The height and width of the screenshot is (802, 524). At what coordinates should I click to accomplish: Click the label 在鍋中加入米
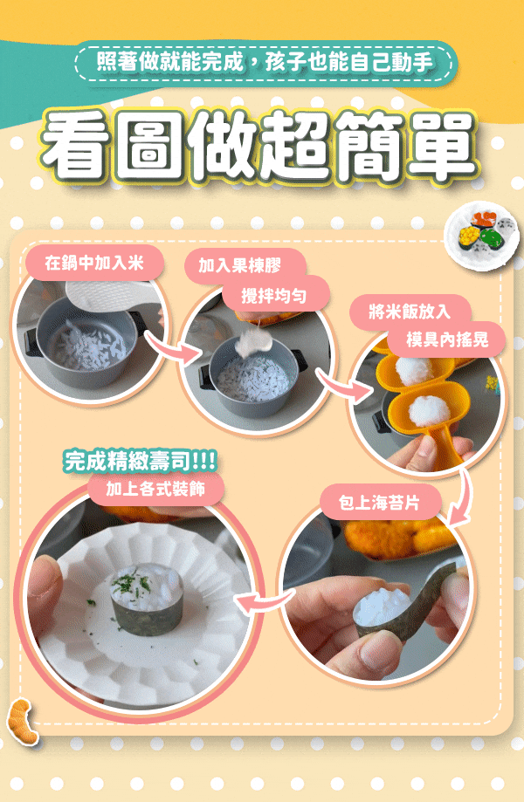coord(94,263)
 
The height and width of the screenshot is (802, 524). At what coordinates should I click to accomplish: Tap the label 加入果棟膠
coord(239,265)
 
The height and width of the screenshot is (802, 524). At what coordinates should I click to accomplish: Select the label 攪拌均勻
coord(274,295)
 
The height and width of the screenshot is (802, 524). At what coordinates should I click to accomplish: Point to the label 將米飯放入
coord(410,312)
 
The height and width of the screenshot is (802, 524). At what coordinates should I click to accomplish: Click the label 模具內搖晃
coord(447,339)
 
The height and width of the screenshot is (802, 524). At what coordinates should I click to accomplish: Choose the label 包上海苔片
coord(379,503)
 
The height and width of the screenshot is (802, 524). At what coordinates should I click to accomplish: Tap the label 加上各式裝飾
coord(155,489)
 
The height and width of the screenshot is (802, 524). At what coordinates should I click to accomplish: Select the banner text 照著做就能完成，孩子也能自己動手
coord(265,63)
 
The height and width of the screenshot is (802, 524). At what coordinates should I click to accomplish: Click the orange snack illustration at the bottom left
coord(22,723)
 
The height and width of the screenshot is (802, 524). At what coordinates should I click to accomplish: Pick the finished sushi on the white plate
coord(147,599)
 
